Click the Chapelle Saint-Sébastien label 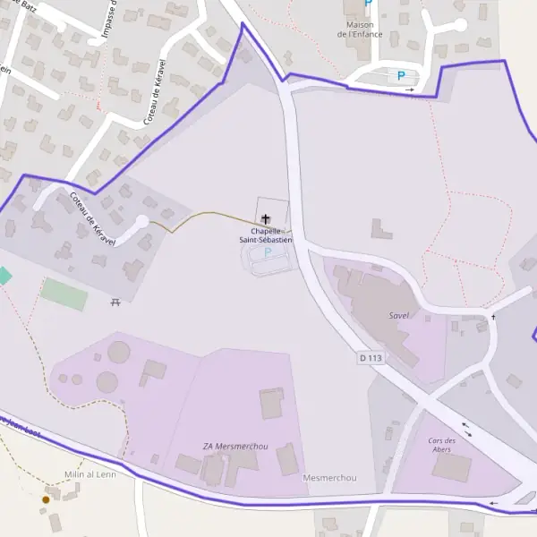[265, 235]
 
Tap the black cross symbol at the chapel [266, 218]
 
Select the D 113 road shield [371, 358]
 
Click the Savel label [398, 316]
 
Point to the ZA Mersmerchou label [235, 446]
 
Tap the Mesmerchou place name [329, 478]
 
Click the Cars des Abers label [441, 445]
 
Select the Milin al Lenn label [90, 474]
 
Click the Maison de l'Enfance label [360, 30]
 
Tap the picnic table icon [115, 303]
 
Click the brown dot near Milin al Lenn [46, 499]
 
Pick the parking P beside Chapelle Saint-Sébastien [267, 252]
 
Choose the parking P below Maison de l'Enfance [401, 76]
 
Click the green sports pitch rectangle [64, 294]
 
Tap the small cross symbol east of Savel [492, 317]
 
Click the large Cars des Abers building [451, 467]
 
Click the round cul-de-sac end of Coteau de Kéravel [141, 221]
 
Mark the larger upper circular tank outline [118, 353]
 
